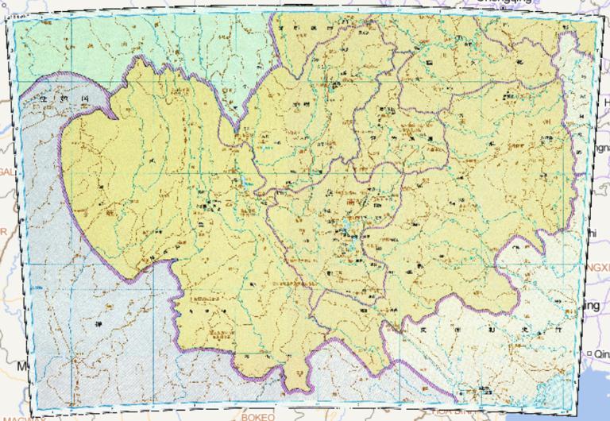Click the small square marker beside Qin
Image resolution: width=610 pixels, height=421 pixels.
pyautogui.click(x=588, y=353)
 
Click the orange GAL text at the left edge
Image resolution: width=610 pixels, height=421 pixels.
pyautogui.click(x=6, y=172)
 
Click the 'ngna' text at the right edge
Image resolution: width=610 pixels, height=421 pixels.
pyautogui.click(x=600, y=149)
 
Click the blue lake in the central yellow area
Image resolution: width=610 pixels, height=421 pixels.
pyautogui.click(x=347, y=234)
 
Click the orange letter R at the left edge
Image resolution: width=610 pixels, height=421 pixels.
pyautogui.click(x=3, y=231)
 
